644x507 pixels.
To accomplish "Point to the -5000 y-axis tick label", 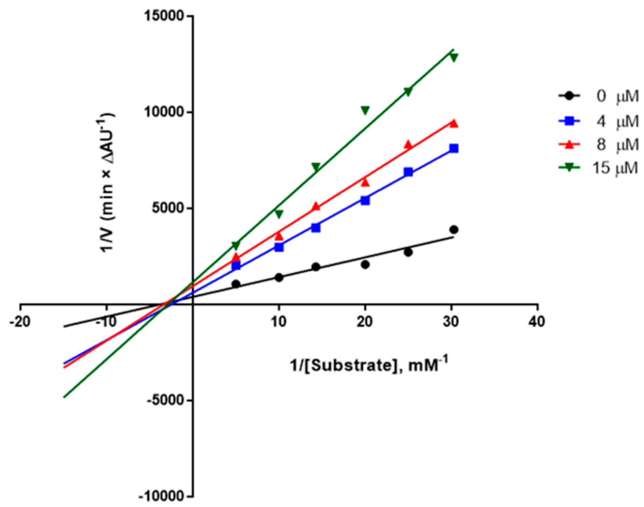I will (x=164, y=400).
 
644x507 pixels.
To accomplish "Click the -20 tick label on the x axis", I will (x=20, y=322).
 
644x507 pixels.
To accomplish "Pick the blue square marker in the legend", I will (x=570, y=121).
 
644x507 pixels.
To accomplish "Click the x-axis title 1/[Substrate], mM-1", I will (x=369, y=365).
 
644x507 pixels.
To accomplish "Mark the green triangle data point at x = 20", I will (x=365, y=110).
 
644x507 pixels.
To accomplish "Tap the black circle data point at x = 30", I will (x=454, y=230).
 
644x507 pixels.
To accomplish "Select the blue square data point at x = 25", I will (x=408, y=172).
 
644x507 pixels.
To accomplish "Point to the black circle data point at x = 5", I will (x=236, y=284).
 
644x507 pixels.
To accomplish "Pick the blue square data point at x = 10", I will (x=279, y=247).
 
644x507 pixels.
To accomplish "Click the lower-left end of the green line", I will (x=64, y=397).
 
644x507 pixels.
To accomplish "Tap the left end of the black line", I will (x=64, y=326).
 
